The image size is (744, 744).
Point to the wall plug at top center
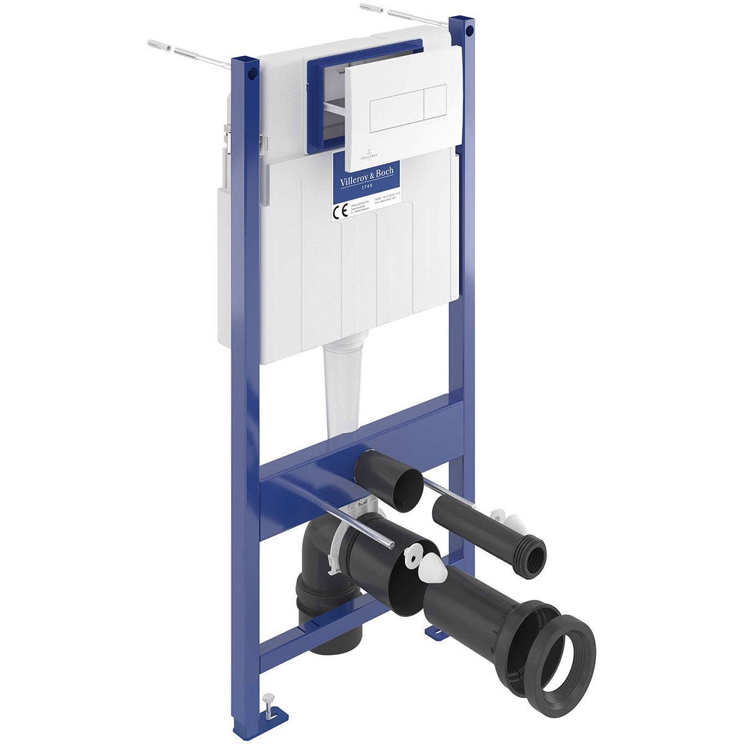click(x=371, y=9)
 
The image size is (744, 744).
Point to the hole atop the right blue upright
click(x=469, y=29)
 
